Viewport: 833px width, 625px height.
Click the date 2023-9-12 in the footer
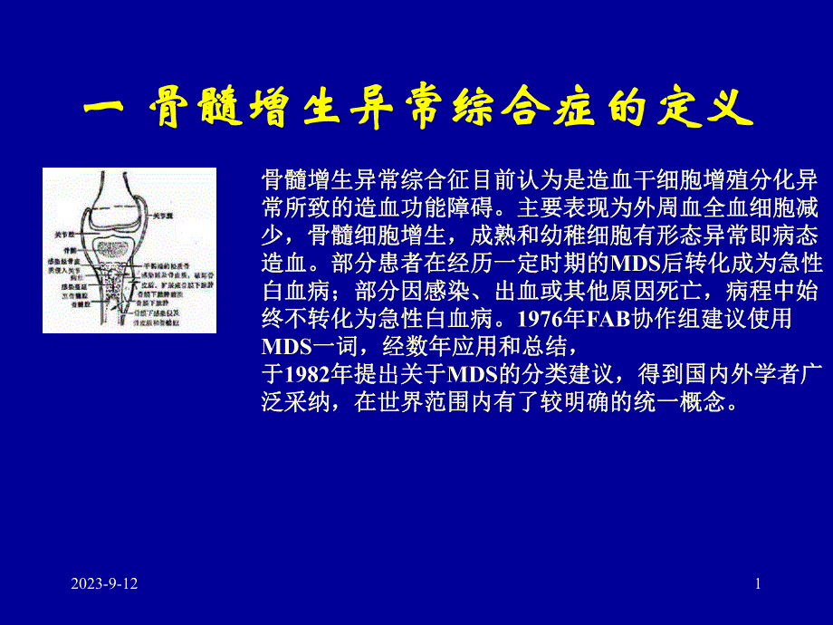click(105, 584)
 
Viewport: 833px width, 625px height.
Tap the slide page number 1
click(758, 584)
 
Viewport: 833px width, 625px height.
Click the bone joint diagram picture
click(129, 250)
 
